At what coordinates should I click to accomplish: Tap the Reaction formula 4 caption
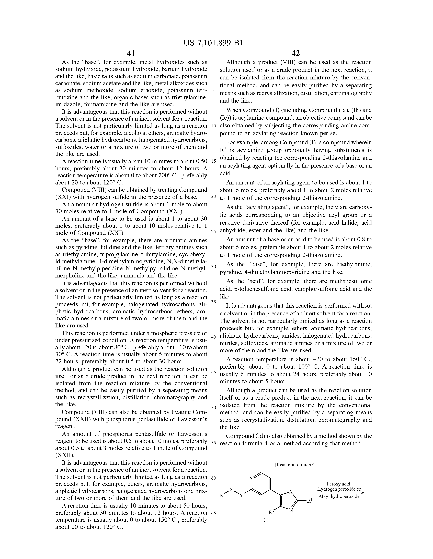tap(295, 464)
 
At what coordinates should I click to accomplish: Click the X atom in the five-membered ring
tap(291, 491)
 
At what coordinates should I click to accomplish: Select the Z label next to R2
tap(232, 489)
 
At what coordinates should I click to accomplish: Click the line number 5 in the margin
tap(214, 91)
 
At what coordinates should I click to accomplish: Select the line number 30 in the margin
tap(214, 266)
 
